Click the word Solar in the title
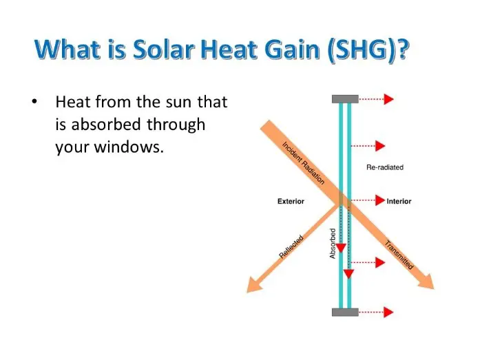point(164,50)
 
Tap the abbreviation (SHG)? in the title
point(368,50)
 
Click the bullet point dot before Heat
point(34,101)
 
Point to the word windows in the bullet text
point(128,147)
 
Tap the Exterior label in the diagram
point(291,201)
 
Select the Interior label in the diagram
point(399,201)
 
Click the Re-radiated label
point(385,167)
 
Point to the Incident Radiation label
point(303,163)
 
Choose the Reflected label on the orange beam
point(291,247)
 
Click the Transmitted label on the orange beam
point(399,255)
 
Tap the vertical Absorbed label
point(333,244)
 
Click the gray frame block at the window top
point(345,99)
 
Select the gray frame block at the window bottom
point(345,312)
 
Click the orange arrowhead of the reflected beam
point(254,284)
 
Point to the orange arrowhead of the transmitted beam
point(426,282)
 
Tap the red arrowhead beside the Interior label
point(380,200)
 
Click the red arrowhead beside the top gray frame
point(389,99)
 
